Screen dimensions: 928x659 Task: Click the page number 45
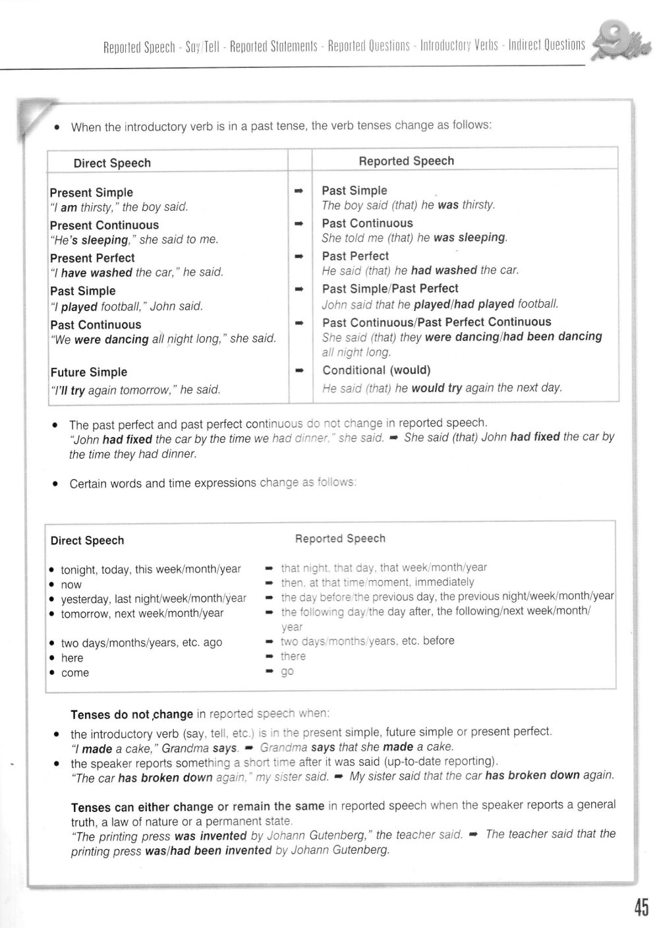tap(641, 907)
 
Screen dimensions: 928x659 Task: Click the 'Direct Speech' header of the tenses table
tap(112, 163)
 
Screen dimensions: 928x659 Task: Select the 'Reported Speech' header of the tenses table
tap(406, 161)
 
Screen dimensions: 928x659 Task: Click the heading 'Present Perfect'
tap(92, 258)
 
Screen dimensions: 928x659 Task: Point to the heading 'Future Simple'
tap(88, 372)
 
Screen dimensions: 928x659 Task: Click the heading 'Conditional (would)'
tap(376, 370)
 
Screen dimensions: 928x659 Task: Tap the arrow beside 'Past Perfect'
tap(299, 256)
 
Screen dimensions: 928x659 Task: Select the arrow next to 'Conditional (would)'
tap(299, 370)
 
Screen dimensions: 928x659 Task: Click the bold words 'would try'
tap(436, 388)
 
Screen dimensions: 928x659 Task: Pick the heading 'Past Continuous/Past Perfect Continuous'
tap(436, 322)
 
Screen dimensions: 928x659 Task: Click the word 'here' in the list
tap(72, 658)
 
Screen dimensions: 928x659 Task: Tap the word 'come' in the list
tap(74, 673)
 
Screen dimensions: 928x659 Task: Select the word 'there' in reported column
tap(293, 656)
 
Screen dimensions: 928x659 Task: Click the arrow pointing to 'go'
tap(269, 672)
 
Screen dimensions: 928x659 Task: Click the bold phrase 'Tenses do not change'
tap(132, 714)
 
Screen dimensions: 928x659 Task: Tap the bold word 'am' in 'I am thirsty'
tap(69, 207)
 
